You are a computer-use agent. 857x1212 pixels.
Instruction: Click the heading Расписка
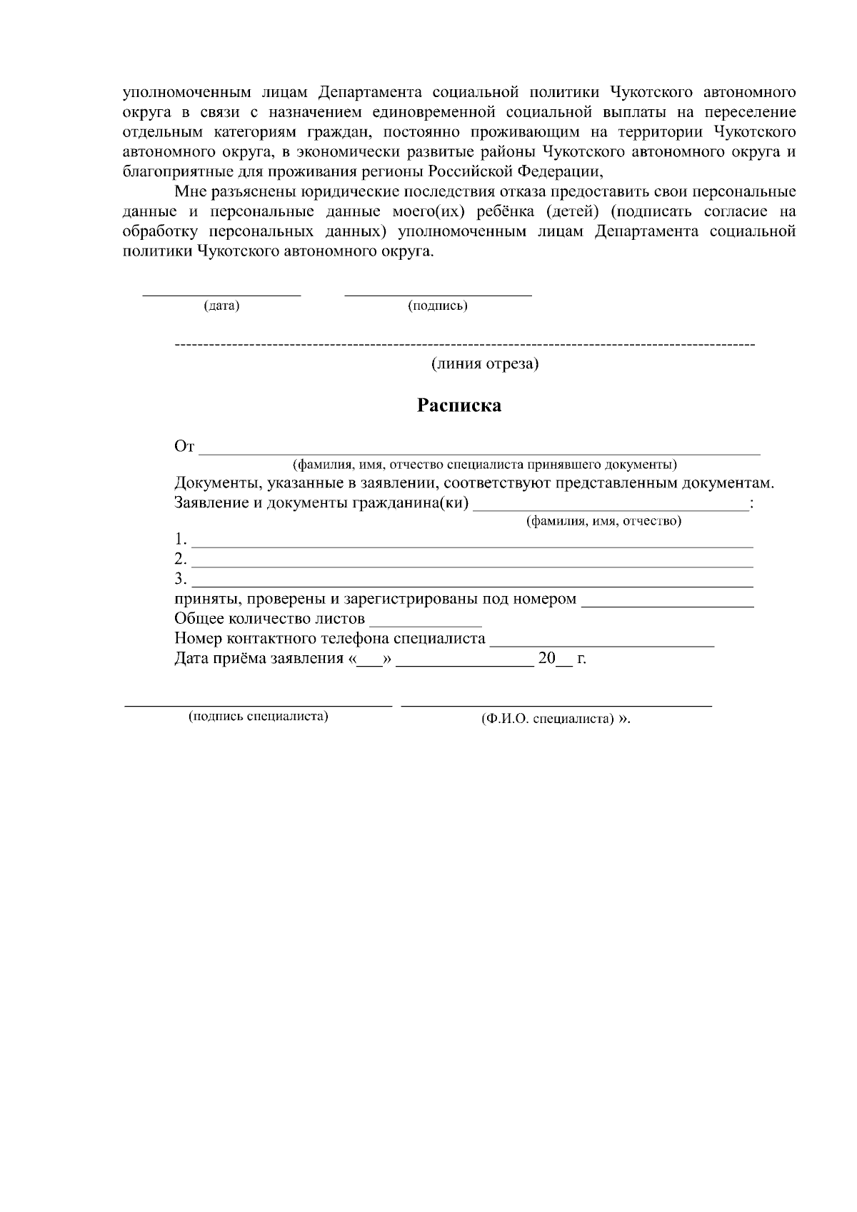459,406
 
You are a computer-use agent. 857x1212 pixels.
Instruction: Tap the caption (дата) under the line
221,306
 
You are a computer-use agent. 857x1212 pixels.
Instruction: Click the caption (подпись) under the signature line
438,306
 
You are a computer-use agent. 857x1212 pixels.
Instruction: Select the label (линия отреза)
485,364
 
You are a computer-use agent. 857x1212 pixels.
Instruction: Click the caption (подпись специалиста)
258,717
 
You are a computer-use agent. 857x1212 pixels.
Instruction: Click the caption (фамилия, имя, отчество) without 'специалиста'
603,521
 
